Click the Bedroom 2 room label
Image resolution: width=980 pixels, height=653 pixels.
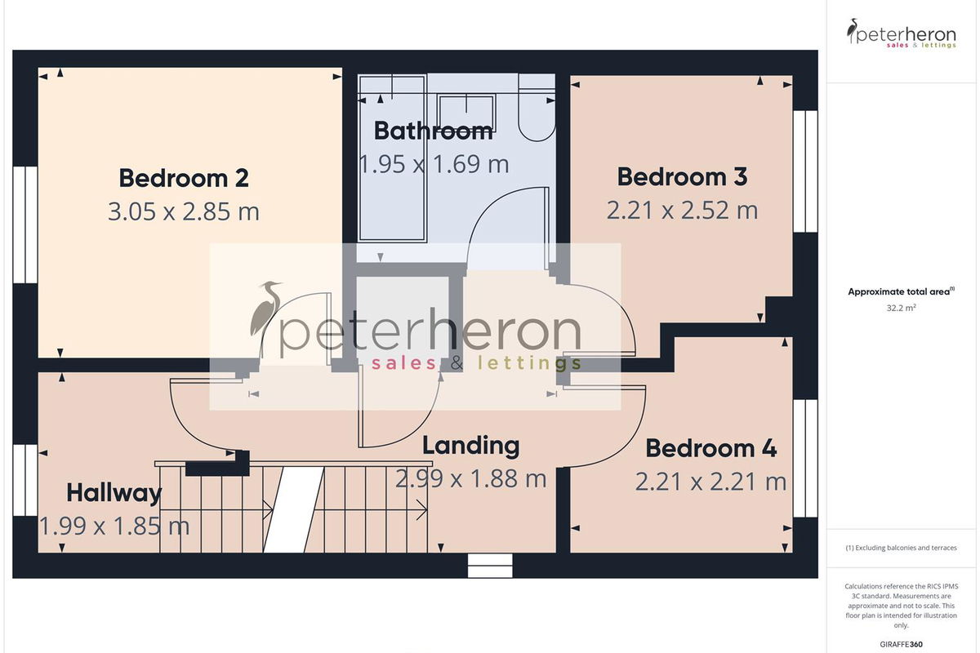tap(184, 178)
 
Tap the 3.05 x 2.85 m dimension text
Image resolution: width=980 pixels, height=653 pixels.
tap(184, 211)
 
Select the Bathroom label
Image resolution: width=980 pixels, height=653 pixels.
tap(433, 131)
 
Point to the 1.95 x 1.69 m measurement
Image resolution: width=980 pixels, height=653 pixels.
tap(434, 164)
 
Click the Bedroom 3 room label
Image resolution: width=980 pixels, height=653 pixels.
tap(682, 176)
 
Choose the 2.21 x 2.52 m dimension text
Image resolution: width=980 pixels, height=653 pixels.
tap(682, 211)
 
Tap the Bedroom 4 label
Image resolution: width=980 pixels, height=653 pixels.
tap(711, 448)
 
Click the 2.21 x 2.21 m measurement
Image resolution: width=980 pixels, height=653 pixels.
tap(710, 482)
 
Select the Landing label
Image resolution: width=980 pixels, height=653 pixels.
tap(470, 446)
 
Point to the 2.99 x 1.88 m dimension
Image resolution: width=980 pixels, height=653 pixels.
tap(470, 479)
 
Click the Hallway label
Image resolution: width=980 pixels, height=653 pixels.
tap(114, 493)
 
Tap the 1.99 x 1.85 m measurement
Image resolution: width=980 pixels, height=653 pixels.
tap(114, 526)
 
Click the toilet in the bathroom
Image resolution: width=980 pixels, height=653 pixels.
tap(537, 108)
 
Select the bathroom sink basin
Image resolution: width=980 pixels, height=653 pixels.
tap(466, 113)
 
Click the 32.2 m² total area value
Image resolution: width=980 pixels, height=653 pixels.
tap(902, 308)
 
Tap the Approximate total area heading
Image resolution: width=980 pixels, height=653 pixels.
tap(902, 291)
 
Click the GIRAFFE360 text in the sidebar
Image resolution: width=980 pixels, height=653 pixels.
tap(902, 644)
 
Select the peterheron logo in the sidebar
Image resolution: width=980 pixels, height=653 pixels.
tap(902, 33)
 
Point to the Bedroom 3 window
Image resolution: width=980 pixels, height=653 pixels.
tap(805, 171)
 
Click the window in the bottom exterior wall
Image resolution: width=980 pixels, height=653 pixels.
tap(490, 566)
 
